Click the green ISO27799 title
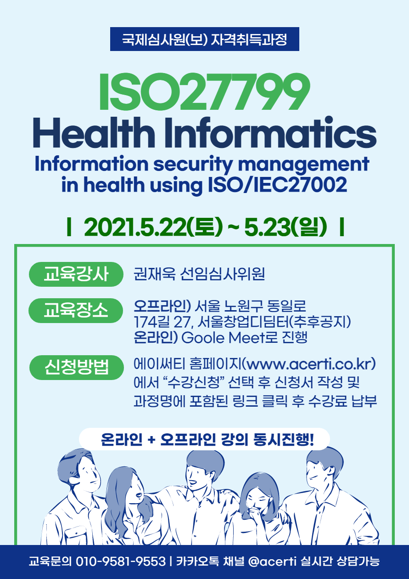click(x=204, y=91)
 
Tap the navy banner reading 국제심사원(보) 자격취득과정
click(x=205, y=39)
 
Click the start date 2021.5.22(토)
click(x=153, y=227)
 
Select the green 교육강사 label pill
click(x=76, y=274)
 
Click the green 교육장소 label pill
click(x=76, y=311)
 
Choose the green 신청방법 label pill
click(x=76, y=367)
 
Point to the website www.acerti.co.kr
click(x=309, y=364)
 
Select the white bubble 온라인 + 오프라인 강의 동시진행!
click(x=204, y=439)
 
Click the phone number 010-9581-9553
click(x=120, y=562)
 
